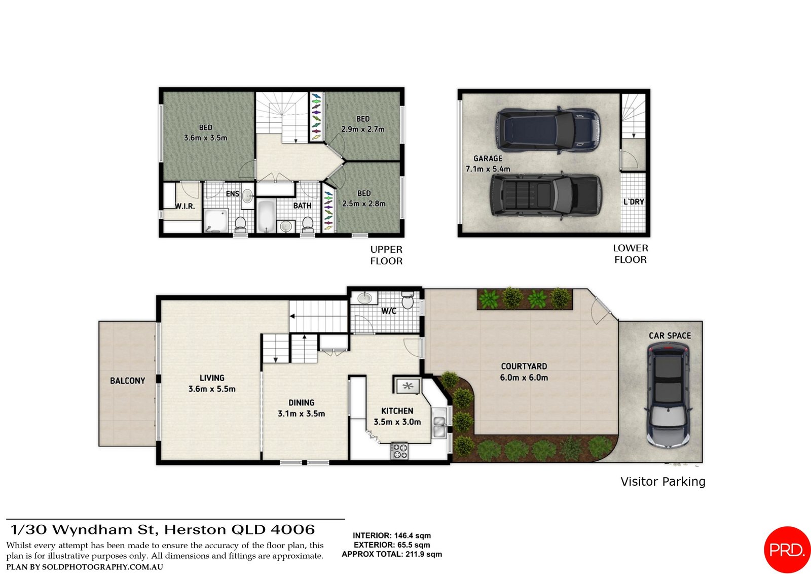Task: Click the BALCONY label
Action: [127, 381]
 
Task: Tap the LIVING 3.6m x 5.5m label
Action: [212, 384]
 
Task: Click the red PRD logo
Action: [787, 550]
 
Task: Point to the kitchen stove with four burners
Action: [399, 451]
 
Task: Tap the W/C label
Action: [389, 311]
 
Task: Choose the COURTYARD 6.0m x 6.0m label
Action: [524, 372]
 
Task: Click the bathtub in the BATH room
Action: [266, 216]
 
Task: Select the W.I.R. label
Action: [185, 206]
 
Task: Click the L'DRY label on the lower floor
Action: [634, 202]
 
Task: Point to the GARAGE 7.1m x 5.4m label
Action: [488, 163]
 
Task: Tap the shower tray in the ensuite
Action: [216, 221]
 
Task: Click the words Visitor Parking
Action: [662, 482]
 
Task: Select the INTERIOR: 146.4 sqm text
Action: [391, 535]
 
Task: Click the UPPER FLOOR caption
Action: [386, 255]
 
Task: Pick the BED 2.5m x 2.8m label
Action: [363, 198]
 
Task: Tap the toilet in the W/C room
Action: [408, 301]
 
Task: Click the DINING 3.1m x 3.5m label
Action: [301, 408]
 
